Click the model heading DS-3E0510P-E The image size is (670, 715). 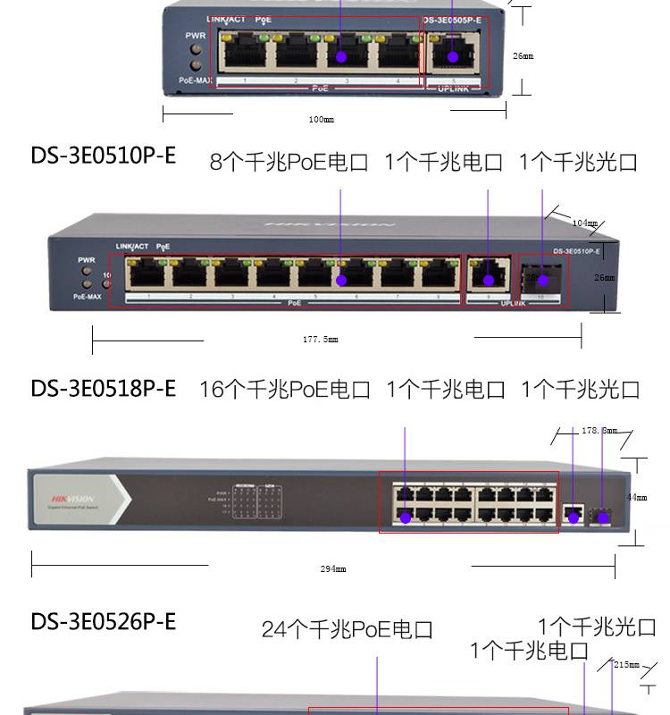[x=104, y=156]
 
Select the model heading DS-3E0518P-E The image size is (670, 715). [x=104, y=388]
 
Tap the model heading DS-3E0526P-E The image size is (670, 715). [x=104, y=620]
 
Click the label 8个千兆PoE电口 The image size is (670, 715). [x=289, y=162]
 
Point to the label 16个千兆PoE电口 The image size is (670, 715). [x=284, y=389]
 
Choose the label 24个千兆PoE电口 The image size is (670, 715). [x=347, y=629]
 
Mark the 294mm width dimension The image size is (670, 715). [x=333, y=568]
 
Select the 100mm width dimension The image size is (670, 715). [x=322, y=119]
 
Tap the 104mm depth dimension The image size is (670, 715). [x=584, y=223]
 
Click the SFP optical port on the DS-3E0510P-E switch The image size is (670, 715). [x=541, y=278]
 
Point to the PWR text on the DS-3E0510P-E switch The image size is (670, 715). [x=87, y=260]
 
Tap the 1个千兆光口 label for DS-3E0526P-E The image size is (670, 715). [x=596, y=627]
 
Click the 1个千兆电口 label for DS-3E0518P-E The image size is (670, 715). [x=445, y=389]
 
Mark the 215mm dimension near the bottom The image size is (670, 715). [x=627, y=664]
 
